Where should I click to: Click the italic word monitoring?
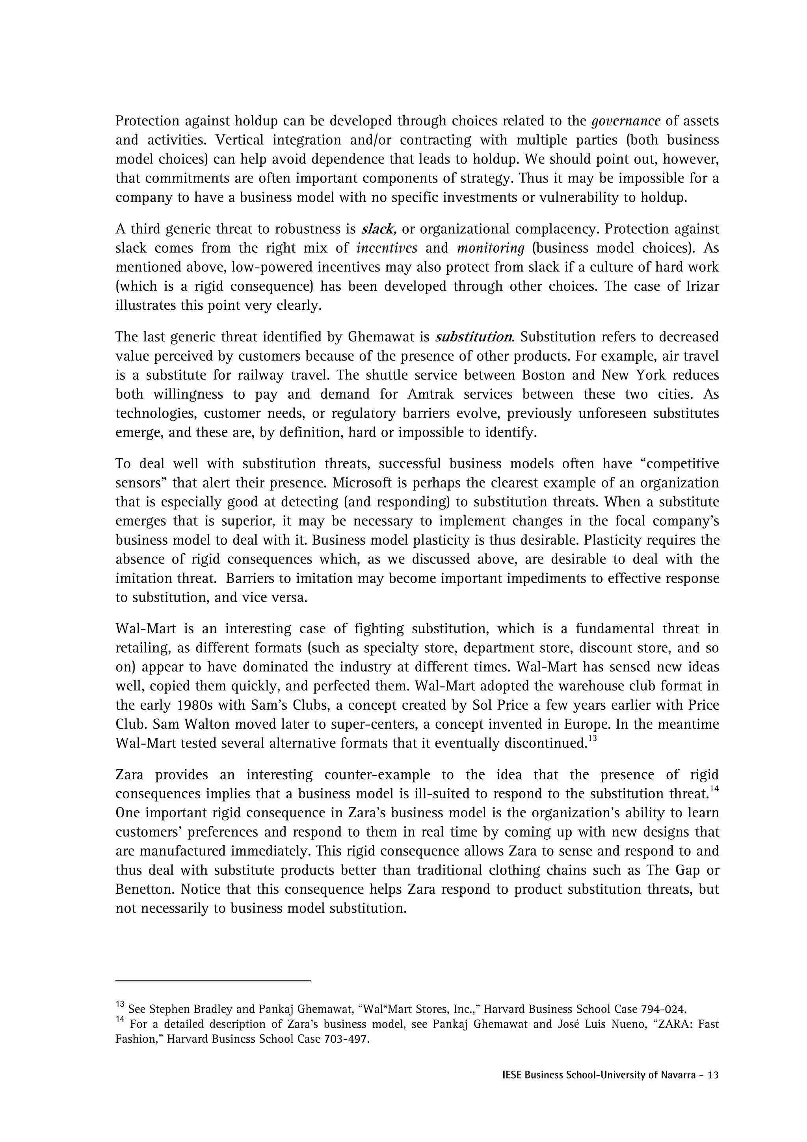[490, 248]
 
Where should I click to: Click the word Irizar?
[701, 286]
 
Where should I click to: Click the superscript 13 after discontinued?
[592, 739]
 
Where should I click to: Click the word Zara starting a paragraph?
[130, 775]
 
